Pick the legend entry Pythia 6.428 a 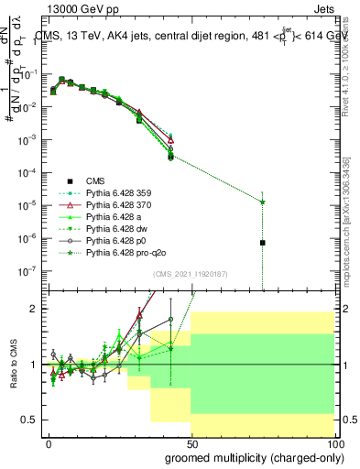(117, 223)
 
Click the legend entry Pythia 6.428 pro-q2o (127, 264)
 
